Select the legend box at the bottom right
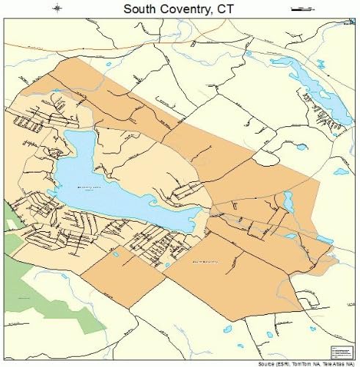click(342, 352)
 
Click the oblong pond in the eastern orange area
click(288, 200)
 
